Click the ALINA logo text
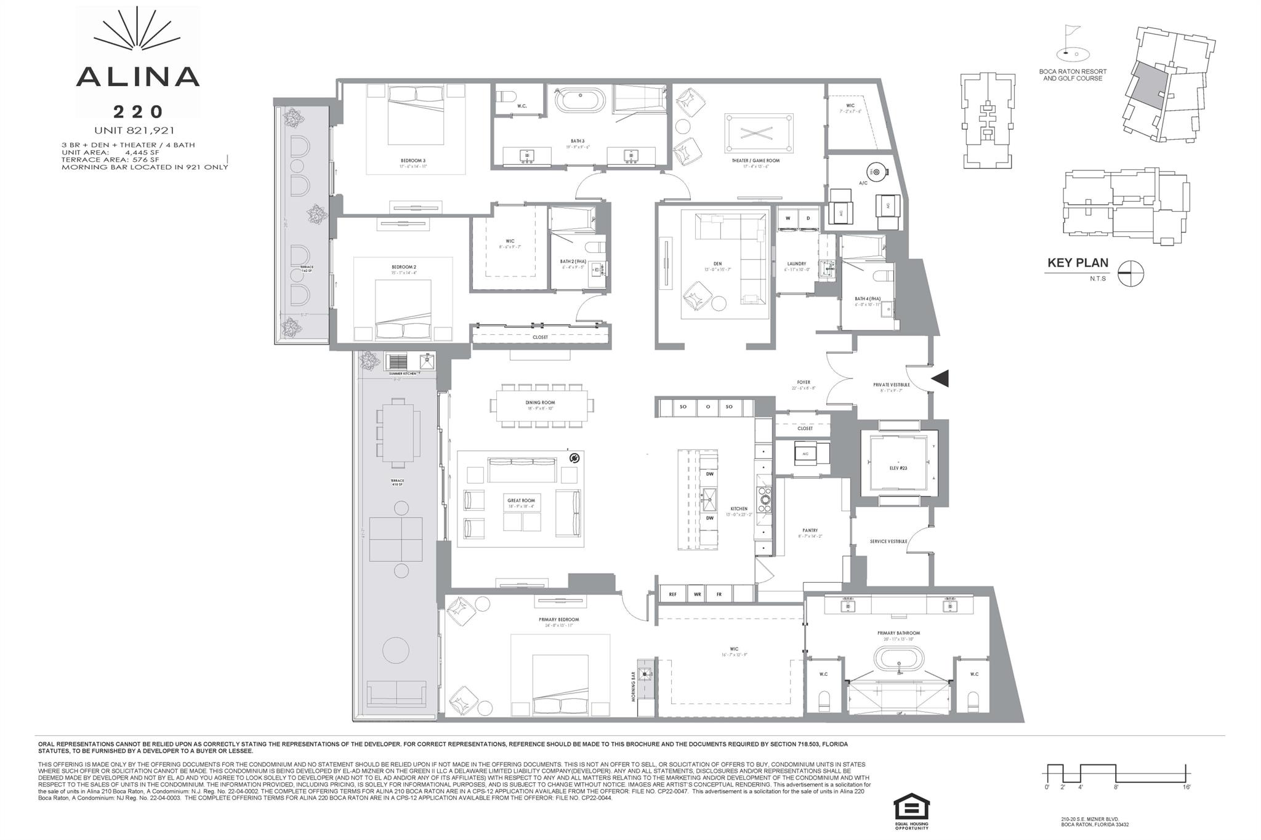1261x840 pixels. tap(137, 76)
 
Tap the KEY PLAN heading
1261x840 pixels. tap(1078, 263)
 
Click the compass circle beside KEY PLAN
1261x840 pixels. tap(1130, 273)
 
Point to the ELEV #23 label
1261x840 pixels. tap(899, 467)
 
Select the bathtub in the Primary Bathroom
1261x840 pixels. tap(899, 668)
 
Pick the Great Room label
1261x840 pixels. tap(521, 501)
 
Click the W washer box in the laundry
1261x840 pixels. tap(788, 218)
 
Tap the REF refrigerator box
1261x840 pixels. tap(672, 594)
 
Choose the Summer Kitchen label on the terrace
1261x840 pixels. tap(404, 374)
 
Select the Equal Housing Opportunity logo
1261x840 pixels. tap(911, 811)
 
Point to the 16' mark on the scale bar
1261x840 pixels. tap(1186, 787)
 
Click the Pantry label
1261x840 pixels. tap(810, 530)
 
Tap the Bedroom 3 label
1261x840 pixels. tap(413, 161)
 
